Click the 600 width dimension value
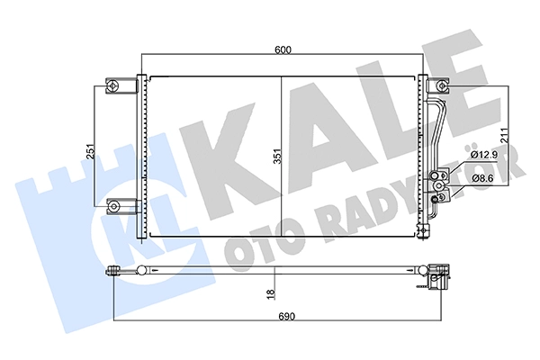[283, 50]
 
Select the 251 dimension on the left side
[90, 151]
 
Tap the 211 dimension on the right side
[504, 135]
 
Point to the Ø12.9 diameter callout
[484, 155]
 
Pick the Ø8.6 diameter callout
[483, 178]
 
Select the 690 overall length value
[286, 316]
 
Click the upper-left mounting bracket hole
[113, 85]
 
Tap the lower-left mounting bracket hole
[113, 206]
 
